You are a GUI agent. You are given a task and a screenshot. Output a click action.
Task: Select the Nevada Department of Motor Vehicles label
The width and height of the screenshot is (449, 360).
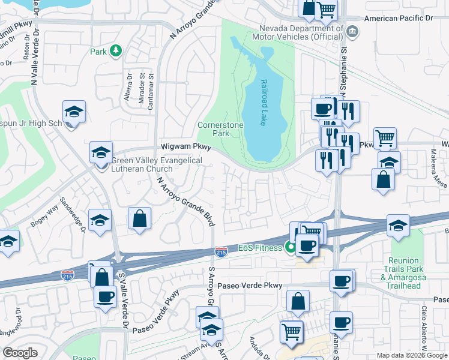pyautogui.click(x=301, y=34)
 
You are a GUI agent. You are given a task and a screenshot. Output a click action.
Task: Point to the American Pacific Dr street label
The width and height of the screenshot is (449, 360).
pyautogui.click(x=398, y=19)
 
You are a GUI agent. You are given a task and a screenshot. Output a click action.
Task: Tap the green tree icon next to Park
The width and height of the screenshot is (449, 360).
pyautogui.click(x=116, y=52)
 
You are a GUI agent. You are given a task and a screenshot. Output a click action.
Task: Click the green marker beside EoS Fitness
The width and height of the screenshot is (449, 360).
pyautogui.click(x=291, y=247)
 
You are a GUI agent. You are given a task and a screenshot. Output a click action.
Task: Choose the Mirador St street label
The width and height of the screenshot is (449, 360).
pyautogui.click(x=142, y=89)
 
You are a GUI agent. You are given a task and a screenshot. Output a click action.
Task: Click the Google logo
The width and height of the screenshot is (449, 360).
pyautogui.click(x=20, y=353)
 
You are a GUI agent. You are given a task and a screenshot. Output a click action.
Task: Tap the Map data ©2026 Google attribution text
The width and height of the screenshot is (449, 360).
pyautogui.click(x=412, y=355)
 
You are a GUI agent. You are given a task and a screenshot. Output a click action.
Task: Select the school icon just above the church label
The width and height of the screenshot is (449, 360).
pyautogui.click(x=101, y=153)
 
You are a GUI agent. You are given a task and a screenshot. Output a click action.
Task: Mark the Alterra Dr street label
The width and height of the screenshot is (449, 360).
pyautogui.click(x=130, y=88)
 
